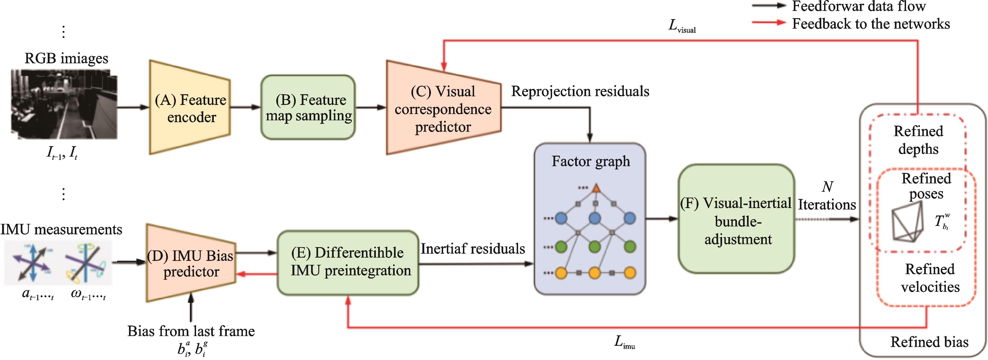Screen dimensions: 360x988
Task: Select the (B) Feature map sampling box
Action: click(x=308, y=107)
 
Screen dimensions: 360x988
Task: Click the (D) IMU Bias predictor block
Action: click(x=191, y=263)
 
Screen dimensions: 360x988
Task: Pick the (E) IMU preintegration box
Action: click(x=348, y=263)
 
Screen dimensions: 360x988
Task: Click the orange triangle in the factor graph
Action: click(x=596, y=188)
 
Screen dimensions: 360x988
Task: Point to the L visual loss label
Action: click(x=682, y=26)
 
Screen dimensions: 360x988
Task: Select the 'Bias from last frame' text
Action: click(x=191, y=331)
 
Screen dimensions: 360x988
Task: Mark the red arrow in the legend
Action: click(x=769, y=23)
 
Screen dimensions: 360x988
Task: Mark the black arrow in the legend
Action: click(x=769, y=6)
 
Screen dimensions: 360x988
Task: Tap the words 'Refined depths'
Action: click(x=918, y=140)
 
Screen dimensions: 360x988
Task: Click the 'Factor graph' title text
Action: click(x=591, y=161)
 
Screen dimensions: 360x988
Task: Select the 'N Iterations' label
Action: click(x=827, y=196)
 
